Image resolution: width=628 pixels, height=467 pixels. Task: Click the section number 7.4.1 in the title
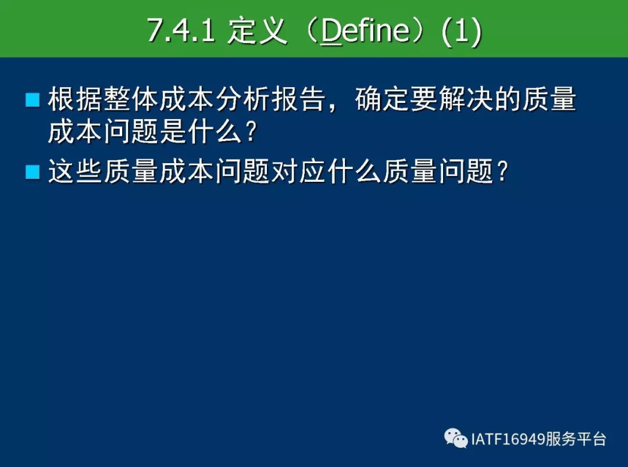181,30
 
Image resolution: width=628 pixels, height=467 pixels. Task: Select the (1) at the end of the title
461,31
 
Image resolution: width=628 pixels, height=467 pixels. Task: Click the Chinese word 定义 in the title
257,30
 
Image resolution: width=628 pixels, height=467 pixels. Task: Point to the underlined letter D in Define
331,31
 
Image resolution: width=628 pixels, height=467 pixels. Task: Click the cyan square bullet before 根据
33,100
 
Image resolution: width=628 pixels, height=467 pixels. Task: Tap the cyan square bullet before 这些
33,172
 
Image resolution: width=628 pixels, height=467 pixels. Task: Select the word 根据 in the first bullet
75,99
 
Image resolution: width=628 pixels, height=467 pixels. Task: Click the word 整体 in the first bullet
131,99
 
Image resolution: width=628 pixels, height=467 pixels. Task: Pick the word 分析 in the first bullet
242,99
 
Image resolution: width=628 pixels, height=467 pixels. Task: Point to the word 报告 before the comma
298,99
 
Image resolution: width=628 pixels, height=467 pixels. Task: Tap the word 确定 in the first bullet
383,99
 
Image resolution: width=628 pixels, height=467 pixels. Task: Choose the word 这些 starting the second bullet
75,171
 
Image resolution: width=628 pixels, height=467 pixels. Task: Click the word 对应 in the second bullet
298,171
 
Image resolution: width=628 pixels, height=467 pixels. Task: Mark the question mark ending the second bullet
502,171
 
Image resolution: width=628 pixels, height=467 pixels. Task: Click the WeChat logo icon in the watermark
456,438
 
